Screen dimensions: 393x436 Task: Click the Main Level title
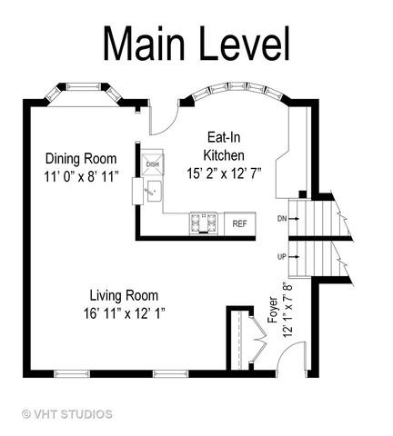tap(196, 45)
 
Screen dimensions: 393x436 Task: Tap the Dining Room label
tap(81, 158)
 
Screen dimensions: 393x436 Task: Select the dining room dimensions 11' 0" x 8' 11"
tap(81, 176)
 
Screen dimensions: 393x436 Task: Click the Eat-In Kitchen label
tap(224, 146)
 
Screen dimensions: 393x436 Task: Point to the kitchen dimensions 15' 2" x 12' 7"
tap(224, 173)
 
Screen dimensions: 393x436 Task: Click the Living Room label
tap(124, 295)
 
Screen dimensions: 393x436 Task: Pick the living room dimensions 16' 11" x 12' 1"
tap(125, 313)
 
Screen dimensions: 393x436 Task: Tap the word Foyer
tap(273, 310)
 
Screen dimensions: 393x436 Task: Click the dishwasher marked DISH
tap(152, 164)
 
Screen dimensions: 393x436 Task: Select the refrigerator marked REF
tap(239, 223)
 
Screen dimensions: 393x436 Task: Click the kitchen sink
tap(155, 192)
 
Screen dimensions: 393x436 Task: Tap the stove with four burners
tap(203, 223)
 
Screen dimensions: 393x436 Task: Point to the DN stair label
tap(282, 218)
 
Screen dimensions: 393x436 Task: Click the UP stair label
tap(282, 257)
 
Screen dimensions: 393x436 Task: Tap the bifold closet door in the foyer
tap(257, 339)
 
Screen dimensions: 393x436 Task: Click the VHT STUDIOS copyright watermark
tap(67, 414)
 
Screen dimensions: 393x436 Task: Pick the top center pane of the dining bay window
tap(84, 87)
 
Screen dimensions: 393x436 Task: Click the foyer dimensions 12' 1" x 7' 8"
tap(288, 310)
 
